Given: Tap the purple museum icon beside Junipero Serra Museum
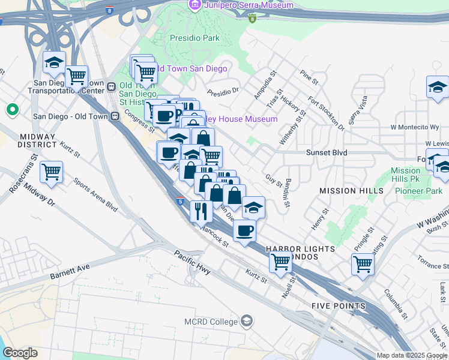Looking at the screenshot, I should pos(194,5).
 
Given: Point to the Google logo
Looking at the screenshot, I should pos(20,353).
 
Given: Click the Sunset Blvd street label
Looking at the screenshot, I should pos(327,153).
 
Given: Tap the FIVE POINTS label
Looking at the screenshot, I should pos(339,306).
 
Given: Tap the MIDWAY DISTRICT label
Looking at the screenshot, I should pos(37,140).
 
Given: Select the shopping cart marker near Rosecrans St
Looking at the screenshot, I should pos(51,172).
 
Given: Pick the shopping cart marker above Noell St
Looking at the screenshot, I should pos(280,262).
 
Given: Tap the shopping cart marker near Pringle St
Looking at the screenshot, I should pos(363,263).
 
